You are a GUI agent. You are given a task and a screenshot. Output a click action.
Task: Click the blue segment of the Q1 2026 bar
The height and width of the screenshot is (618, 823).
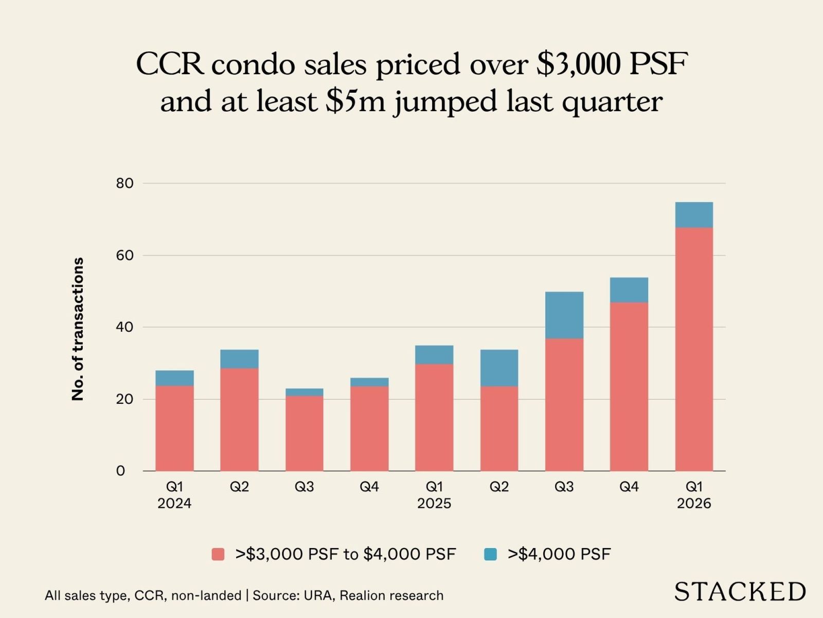[694, 215]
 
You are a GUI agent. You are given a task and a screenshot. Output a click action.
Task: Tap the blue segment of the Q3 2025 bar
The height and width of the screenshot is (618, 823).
[564, 315]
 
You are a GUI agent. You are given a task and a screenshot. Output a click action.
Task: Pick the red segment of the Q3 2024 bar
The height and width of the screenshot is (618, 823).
[305, 434]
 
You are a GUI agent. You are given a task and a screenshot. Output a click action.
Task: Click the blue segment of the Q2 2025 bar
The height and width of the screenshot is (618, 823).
[499, 368]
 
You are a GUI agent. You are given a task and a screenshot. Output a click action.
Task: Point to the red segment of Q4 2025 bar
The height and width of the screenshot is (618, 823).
[629, 386]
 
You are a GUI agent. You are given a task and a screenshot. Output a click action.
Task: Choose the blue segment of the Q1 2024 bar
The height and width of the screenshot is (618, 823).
[174, 378]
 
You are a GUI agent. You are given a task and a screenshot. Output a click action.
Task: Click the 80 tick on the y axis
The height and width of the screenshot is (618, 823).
[124, 183]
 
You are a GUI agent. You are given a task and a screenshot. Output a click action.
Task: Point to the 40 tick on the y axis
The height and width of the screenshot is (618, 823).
[124, 327]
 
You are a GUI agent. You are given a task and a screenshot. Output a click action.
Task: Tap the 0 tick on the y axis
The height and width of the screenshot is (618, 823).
[120, 471]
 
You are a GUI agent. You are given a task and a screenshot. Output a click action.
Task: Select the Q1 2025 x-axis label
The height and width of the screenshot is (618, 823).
[434, 495]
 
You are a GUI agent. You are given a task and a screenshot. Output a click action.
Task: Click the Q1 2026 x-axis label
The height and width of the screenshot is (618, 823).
[694, 495]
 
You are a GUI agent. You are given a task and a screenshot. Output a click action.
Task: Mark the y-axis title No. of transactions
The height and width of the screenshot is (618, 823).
[78, 329]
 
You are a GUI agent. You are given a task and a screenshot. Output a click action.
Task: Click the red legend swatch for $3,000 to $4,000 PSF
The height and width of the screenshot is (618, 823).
[218, 555]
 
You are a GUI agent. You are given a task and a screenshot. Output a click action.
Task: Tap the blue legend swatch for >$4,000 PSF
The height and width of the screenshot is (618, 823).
[491, 555]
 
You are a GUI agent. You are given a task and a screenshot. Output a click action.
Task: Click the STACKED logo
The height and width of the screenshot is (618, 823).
[740, 592]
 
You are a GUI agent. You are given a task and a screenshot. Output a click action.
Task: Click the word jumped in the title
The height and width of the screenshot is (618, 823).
[446, 101]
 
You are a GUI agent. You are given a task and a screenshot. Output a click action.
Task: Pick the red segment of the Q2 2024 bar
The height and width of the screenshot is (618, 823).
[239, 419]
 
